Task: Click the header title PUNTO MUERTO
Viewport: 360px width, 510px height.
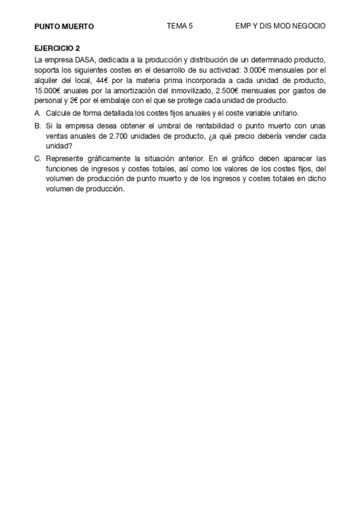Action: pos(64,26)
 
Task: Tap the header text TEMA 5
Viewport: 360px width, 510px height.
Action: pos(180,26)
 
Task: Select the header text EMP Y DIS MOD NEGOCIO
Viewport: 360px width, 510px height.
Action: pos(280,26)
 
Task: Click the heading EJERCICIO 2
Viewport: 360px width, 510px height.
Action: pos(57,48)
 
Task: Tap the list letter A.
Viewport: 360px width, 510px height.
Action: pos(37,113)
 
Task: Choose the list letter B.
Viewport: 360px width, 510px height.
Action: pos(37,126)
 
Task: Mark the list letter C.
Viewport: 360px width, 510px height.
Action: pos(37,159)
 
